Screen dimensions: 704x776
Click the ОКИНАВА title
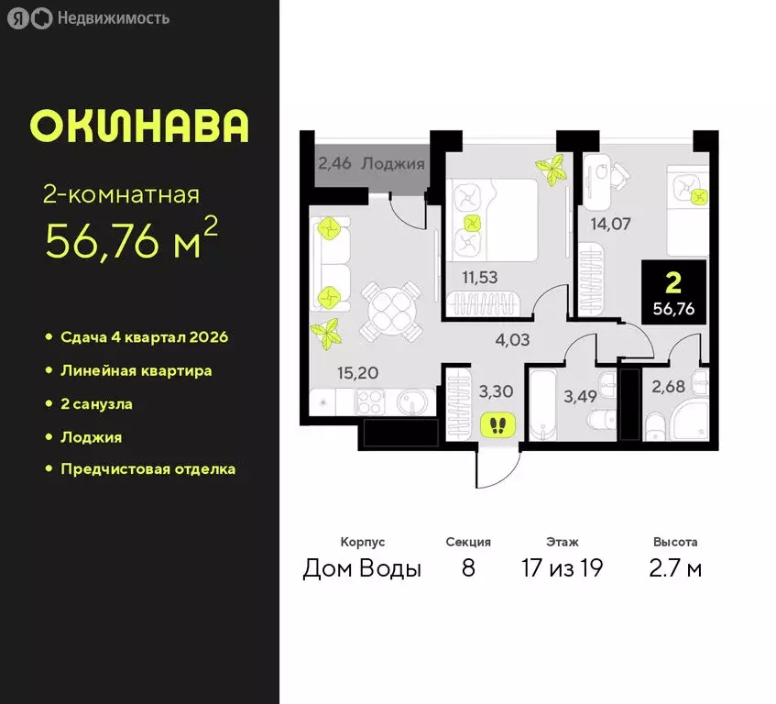tap(139, 126)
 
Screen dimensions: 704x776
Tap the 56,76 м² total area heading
tap(132, 241)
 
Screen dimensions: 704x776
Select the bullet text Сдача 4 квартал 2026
tap(144, 337)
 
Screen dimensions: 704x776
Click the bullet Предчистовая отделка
tap(148, 469)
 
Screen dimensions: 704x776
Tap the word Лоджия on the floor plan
tap(393, 165)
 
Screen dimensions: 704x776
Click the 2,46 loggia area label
tap(334, 165)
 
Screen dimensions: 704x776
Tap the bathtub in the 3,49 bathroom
tap(540, 404)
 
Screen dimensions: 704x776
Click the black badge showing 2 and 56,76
tap(673, 291)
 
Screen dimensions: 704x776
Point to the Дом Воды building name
tap(362, 569)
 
